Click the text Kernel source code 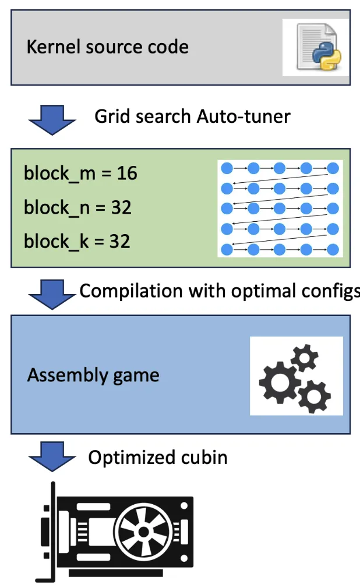pos(107,47)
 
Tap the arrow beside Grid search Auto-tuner pos(52,118)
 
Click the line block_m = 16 pos(80,173)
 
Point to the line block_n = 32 pos(77,207)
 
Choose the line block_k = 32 pos(77,241)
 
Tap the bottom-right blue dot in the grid pos(333,249)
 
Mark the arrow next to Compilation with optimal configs pos(52,293)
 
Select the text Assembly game pos(93,375)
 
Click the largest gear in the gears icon pos(276,382)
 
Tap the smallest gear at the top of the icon pos(304,357)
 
